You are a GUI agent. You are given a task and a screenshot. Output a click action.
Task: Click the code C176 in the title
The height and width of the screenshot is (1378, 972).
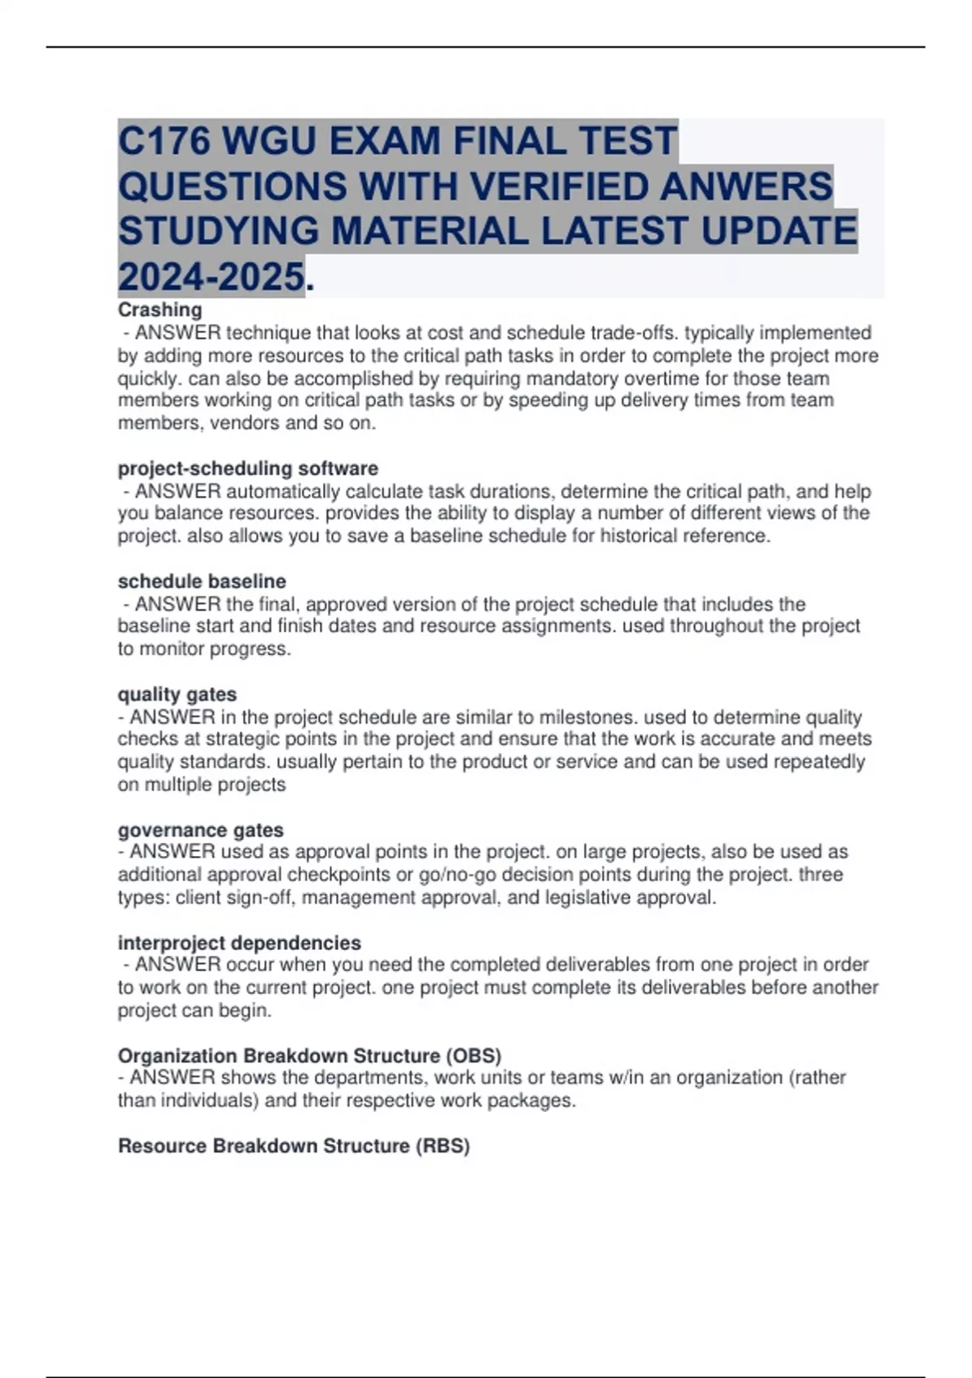(164, 141)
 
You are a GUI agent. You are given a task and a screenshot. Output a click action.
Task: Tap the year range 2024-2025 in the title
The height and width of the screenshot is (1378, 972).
(211, 277)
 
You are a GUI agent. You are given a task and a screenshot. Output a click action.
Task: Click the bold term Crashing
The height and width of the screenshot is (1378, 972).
(160, 310)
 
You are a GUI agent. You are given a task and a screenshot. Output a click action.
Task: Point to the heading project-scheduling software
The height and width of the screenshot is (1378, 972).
(248, 469)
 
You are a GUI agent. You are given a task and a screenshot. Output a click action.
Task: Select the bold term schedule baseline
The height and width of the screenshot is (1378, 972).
(202, 581)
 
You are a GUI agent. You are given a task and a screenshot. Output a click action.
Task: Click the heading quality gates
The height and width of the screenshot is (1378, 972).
(177, 695)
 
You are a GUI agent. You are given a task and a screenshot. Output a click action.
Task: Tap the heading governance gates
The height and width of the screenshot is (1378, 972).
(200, 830)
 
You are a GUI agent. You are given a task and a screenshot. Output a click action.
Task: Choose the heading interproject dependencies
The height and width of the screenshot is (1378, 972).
(239, 943)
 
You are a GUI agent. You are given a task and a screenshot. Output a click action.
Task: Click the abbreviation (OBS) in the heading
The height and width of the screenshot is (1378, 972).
(473, 1055)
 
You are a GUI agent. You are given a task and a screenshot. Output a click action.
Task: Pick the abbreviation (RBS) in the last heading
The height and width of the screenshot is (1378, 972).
(442, 1145)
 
